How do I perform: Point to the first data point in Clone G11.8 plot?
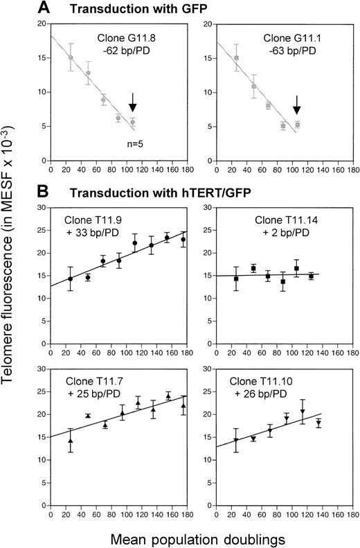coord(70,58)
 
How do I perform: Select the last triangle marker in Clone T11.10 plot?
coord(318,422)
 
